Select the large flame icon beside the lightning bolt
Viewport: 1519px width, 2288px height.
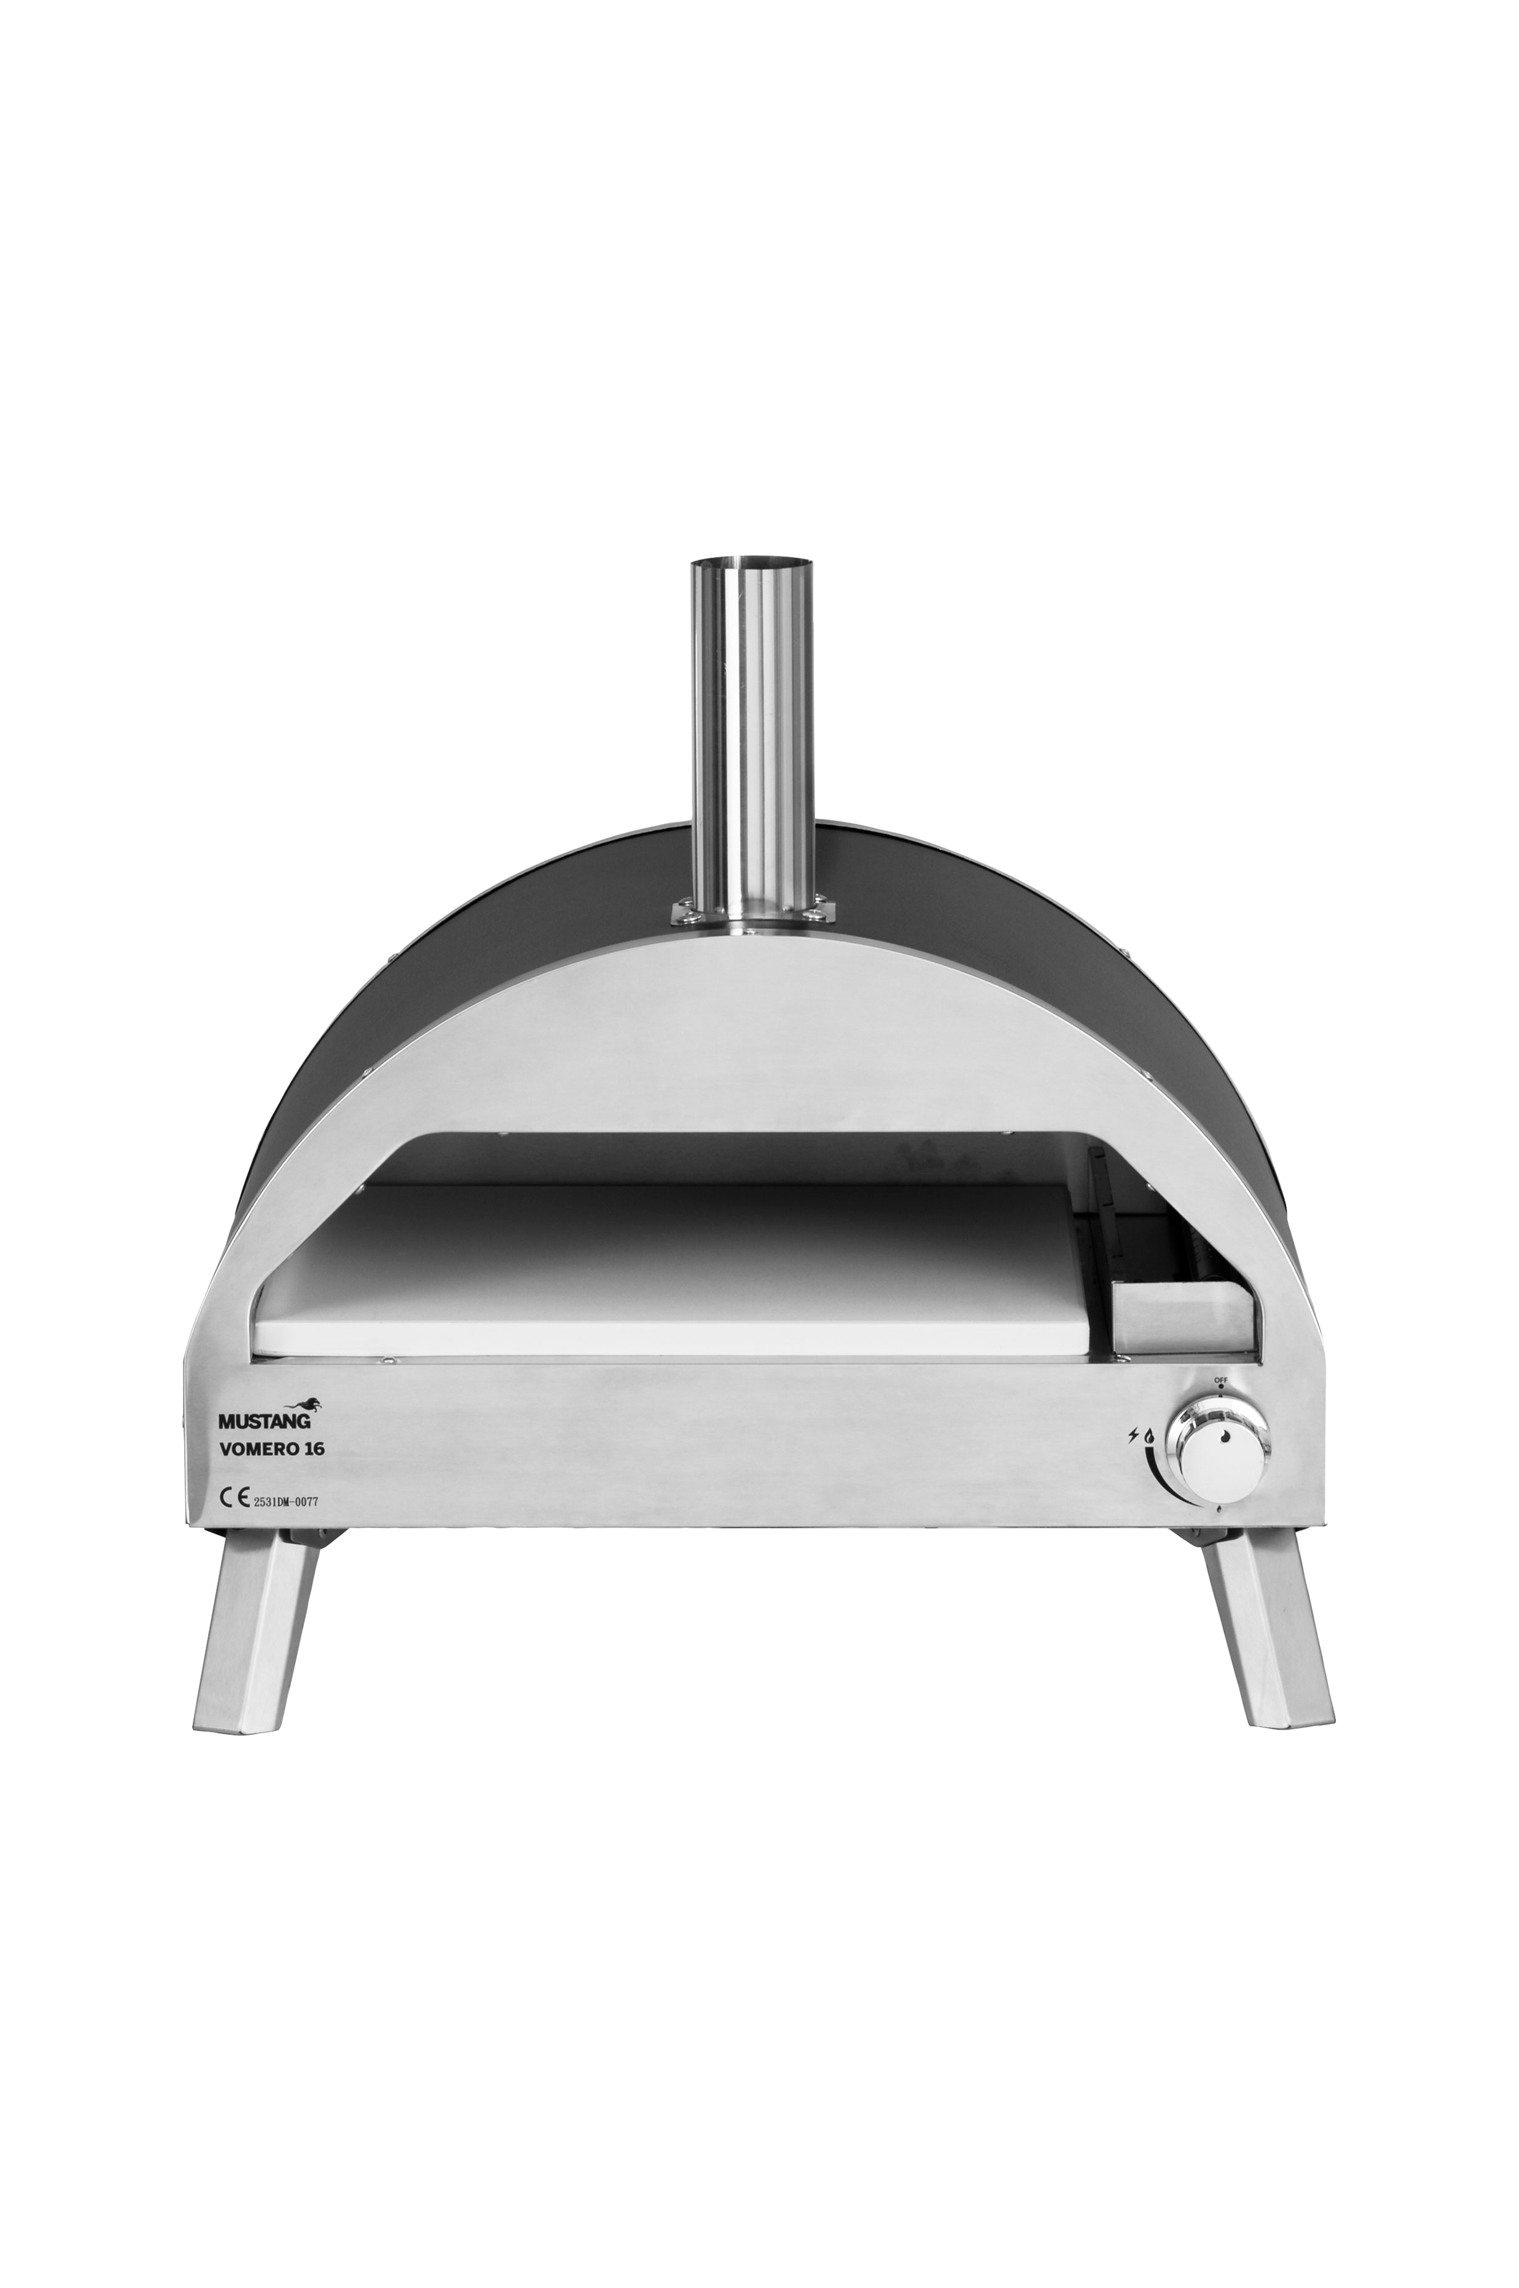click(1149, 1436)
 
